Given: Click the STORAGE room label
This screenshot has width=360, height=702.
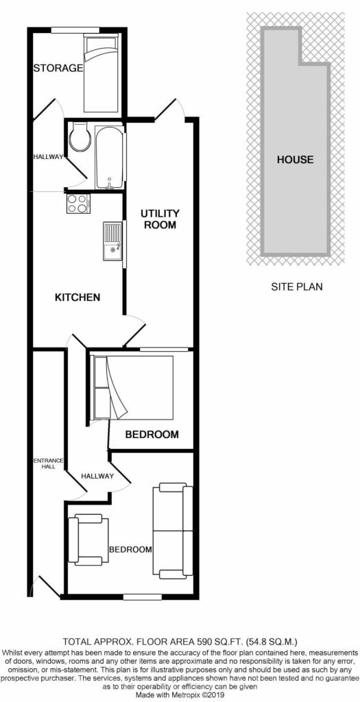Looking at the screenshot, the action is (x=59, y=68).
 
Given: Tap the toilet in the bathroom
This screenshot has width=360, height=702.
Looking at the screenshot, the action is (x=80, y=136).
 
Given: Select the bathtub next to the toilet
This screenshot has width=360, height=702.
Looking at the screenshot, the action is (x=110, y=157).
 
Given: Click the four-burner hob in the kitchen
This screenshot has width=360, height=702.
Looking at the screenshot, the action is (x=78, y=203).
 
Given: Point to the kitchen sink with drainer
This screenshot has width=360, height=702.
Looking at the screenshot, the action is (x=112, y=241).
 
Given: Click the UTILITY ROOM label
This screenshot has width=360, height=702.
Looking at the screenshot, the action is (x=160, y=219).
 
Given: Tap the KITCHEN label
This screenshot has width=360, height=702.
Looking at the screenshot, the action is (x=77, y=298).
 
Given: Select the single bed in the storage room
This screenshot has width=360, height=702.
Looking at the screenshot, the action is (x=101, y=74).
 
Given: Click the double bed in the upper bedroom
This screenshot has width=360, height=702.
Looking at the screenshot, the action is (x=132, y=388).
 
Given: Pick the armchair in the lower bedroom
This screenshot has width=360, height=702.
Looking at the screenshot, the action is (x=88, y=539).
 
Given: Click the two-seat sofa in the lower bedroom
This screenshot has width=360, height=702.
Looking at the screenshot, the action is (x=173, y=531).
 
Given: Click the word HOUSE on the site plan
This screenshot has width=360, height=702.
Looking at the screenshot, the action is (x=295, y=159).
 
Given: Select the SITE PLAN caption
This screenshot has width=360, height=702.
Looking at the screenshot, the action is (x=297, y=287).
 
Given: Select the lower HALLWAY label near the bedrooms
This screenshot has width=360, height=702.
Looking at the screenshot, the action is (x=97, y=476).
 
